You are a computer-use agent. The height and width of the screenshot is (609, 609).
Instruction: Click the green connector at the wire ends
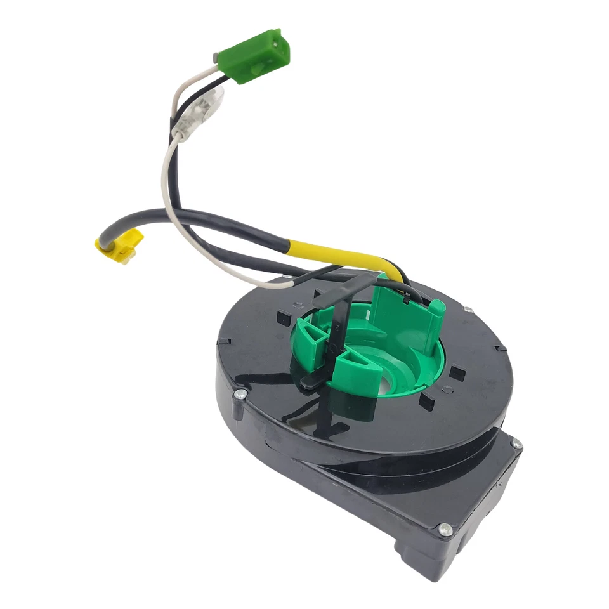click(x=254, y=55)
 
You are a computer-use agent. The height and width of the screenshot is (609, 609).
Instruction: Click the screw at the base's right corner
click(x=516, y=445)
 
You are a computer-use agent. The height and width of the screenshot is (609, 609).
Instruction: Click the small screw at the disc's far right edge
click(x=467, y=310)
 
